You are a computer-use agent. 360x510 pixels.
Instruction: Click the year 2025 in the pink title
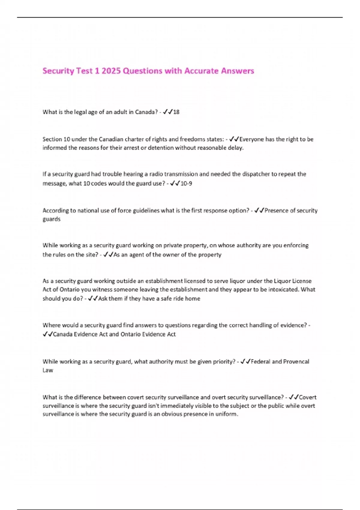click(111, 71)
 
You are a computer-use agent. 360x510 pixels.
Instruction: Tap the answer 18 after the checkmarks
click(176, 112)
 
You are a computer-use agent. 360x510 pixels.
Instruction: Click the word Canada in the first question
click(144, 112)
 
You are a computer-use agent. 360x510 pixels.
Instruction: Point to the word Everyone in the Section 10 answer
click(251, 139)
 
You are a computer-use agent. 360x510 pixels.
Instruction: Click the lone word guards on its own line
click(51, 219)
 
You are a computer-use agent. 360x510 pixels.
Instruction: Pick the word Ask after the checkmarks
click(103, 298)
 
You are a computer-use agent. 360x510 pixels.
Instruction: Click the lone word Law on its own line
click(48, 370)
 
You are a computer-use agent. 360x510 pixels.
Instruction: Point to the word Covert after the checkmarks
click(307, 397)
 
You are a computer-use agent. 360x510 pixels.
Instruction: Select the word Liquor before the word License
click(282, 281)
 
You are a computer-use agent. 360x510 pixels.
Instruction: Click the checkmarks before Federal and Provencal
click(245, 361)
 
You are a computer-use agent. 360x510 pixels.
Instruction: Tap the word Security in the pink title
click(58, 71)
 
